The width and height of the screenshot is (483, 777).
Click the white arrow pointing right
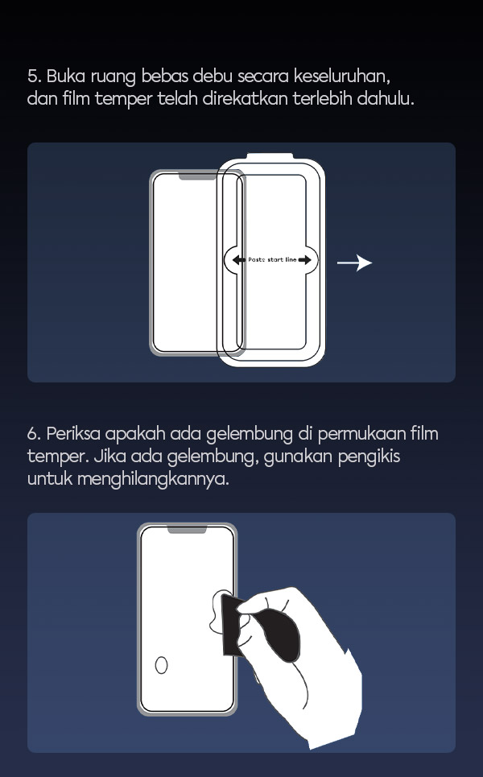(x=354, y=262)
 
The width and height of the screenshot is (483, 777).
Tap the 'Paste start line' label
(x=272, y=259)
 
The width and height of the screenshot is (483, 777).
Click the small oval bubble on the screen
(x=161, y=664)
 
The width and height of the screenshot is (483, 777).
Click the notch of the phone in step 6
(x=187, y=531)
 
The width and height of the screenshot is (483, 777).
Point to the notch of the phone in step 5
(x=198, y=176)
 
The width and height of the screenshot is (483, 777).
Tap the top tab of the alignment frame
(x=270, y=156)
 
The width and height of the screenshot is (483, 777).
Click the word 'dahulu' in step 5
(x=385, y=98)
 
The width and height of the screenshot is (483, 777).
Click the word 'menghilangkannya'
(x=153, y=479)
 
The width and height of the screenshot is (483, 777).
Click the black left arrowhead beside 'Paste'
(x=239, y=259)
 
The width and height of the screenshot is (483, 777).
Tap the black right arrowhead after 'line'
(x=305, y=259)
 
